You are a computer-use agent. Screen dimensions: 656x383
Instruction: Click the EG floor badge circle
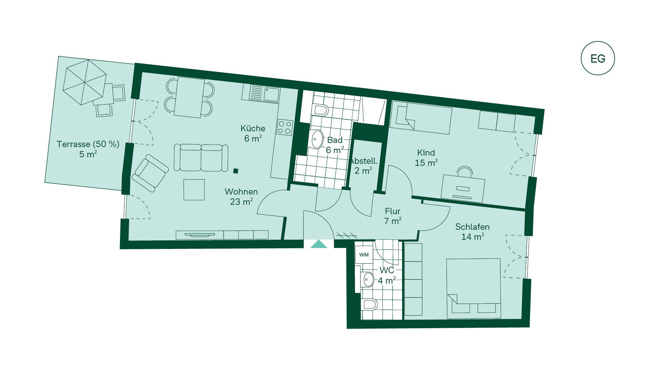598,41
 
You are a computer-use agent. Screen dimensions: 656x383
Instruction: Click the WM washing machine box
364,255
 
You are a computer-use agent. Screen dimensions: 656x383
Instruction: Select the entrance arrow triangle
319,244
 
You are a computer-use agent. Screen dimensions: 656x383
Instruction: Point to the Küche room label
253,129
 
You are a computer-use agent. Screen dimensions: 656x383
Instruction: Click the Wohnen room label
241,192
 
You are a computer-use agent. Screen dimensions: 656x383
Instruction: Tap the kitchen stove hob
285,127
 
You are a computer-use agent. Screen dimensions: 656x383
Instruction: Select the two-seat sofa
201,158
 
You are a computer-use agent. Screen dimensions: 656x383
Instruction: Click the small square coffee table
194,189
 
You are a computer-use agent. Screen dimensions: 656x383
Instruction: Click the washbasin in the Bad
317,139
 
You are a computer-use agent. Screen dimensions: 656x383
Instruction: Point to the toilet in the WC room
369,304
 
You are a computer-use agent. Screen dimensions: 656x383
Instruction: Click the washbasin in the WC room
368,280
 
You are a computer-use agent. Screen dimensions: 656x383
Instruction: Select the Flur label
393,211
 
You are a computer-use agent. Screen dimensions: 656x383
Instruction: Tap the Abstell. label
364,161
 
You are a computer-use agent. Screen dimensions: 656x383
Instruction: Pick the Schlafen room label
473,227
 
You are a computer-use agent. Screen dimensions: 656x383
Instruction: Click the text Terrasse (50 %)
88,144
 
